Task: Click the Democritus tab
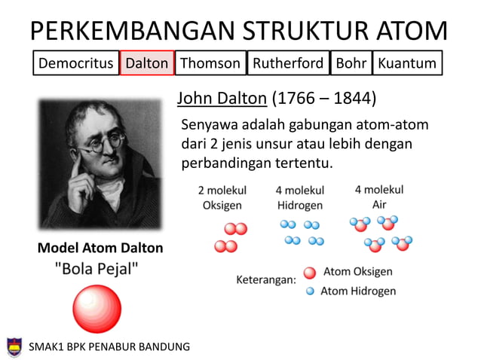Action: (x=75, y=63)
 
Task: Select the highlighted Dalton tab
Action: (x=147, y=63)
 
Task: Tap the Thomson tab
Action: (x=210, y=63)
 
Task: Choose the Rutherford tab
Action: (x=288, y=63)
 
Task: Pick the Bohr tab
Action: (x=351, y=63)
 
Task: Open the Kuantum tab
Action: (x=407, y=63)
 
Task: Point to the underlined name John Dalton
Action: (x=222, y=99)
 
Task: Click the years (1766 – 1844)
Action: (x=324, y=99)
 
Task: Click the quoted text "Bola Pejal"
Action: (x=97, y=269)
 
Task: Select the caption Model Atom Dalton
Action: (x=100, y=248)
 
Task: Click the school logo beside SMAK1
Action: (x=14, y=346)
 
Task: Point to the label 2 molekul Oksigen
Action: (x=222, y=198)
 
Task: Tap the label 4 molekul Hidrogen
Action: (x=300, y=198)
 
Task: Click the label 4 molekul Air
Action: (x=379, y=197)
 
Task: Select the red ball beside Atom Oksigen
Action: (x=309, y=273)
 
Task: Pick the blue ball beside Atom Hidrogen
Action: (x=309, y=291)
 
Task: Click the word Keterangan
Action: (x=266, y=279)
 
